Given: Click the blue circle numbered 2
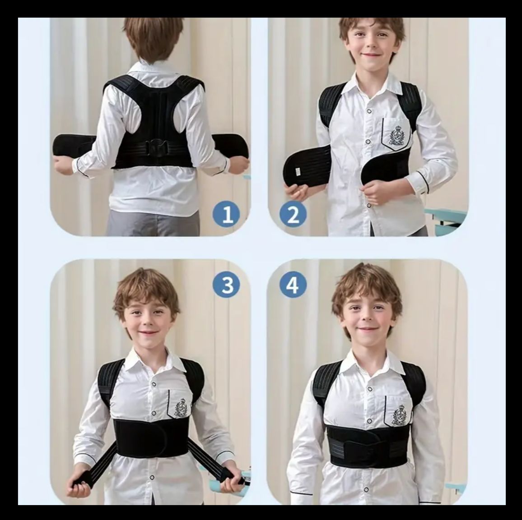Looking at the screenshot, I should [293, 214].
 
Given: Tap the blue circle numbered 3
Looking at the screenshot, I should [227, 285].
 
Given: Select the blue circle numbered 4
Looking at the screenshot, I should [293, 285].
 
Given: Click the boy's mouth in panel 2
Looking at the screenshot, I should [371, 55].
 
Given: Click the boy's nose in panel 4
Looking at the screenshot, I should [366, 318].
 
